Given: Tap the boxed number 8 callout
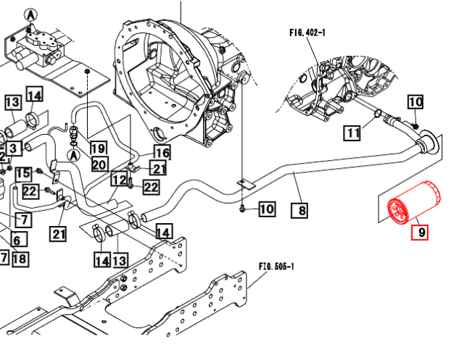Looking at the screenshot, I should pos(298,211).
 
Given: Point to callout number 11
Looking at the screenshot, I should pos(352,133).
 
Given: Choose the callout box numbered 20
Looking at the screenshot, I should pos(99,164).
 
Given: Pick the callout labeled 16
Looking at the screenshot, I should pos(161,153).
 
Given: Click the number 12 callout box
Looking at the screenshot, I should pos(119,179).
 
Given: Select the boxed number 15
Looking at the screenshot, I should pos(23,174).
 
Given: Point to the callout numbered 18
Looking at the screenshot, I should pos(20,258).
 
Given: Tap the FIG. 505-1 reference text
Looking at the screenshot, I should pos(276,267).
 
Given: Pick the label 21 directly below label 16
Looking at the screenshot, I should pos(159,169).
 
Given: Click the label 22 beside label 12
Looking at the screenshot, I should pos(150,188).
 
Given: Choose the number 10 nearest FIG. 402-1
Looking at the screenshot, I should pos(414,102).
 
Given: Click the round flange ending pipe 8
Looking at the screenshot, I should pos(431,143).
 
